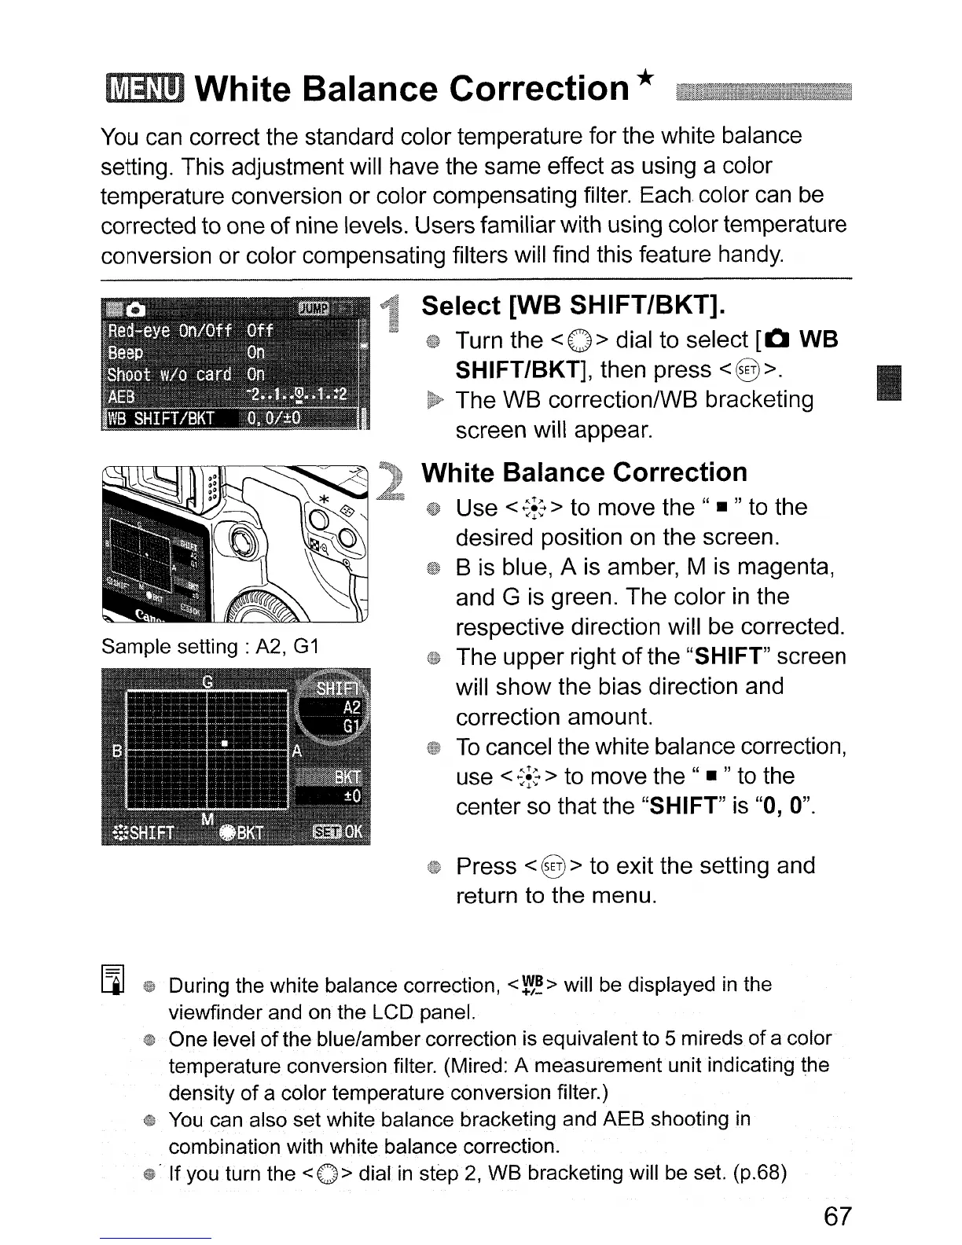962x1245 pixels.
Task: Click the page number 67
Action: pos(837,1216)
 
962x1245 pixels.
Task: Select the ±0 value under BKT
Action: pos(352,797)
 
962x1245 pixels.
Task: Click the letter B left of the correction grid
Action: pos(116,751)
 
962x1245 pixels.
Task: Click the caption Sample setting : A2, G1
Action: pos(209,647)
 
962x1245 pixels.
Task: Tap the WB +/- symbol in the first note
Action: pos(532,985)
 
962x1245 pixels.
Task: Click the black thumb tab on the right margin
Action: pos(890,384)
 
